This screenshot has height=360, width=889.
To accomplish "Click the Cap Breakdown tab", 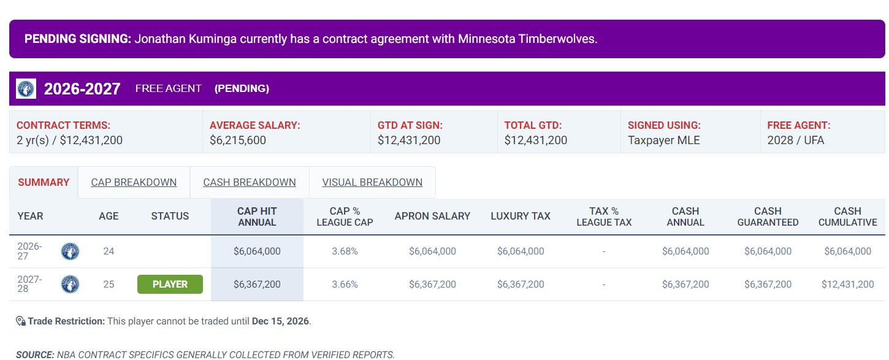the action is pyautogui.click(x=134, y=182).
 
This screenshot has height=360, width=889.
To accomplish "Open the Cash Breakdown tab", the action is pyautogui.click(x=250, y=182).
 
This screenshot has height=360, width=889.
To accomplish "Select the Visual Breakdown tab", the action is pyautogui.click(x=372, y=182).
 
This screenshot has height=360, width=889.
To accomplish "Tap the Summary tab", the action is pyautogui.click(x=44, y=182).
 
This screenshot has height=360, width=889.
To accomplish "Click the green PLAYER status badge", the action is pyautogui.click(x=170, y=284).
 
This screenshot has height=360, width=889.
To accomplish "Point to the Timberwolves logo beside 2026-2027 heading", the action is pyautogui.click(x=26, y=88).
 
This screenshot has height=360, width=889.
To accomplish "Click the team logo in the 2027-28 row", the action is pyautogui.click(x=70, y=284).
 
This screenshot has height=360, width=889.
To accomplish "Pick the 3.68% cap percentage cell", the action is pyautogui.click(x=345, y=251).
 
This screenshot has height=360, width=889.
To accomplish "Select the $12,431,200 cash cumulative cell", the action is pyautogui.click(x=847, y=284).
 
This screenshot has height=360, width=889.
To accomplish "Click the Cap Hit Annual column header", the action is pyautogui.click(x=257, y=216).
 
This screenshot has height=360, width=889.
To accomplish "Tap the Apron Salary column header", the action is pyautogui.click(x=432, y=216).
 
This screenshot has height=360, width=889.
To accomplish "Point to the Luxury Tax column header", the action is pyautogui.click(x=521, y=216).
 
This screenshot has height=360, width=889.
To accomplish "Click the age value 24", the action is pyautogui.click(x=109, y=251).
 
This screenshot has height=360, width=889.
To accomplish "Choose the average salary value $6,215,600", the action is pyautogui.click(x=238, y=140).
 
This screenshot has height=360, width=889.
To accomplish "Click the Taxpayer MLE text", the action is pyautogui.click(x=663, y=140).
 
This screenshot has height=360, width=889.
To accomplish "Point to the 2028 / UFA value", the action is pyautogui.click(x=795, y=140).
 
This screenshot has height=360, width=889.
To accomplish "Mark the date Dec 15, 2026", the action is pyautogui.click(x=280, y=321).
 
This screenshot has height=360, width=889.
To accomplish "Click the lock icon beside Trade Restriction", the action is pyautogui.click(x=21, y=321).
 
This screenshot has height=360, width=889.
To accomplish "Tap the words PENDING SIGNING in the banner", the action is pyautogui.click(x=78, y=39).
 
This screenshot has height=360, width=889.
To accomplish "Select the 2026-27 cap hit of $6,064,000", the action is pyautogui.click(x=257, y=251).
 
